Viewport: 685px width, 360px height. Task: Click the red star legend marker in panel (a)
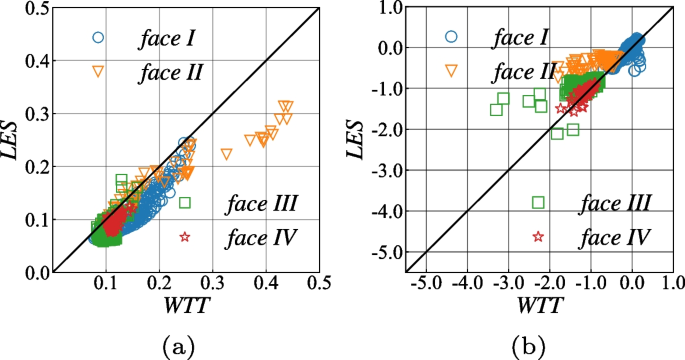pos(185,237)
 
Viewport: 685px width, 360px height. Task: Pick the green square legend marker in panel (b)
pos(538,203)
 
